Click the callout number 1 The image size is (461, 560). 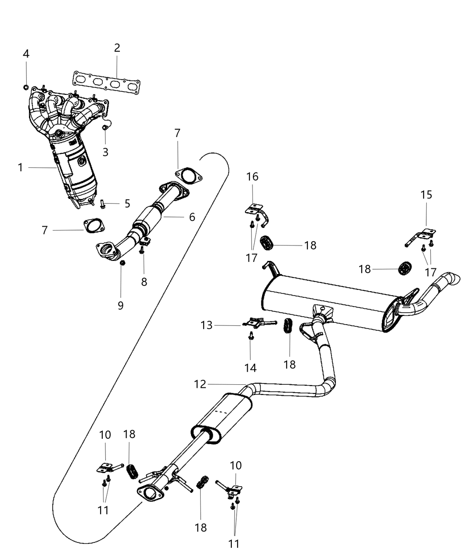20,167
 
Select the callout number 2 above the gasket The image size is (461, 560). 117,48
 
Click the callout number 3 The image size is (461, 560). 105,152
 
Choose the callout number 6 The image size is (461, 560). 191,217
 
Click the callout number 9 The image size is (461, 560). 121,305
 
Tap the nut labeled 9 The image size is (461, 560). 123,263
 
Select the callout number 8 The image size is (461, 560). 144,282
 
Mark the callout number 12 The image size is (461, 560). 200,384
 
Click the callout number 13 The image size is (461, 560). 206,325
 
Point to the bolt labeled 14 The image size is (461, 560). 251,336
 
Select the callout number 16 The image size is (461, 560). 252,177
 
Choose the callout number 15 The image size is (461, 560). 426,195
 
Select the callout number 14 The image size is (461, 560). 251,368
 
